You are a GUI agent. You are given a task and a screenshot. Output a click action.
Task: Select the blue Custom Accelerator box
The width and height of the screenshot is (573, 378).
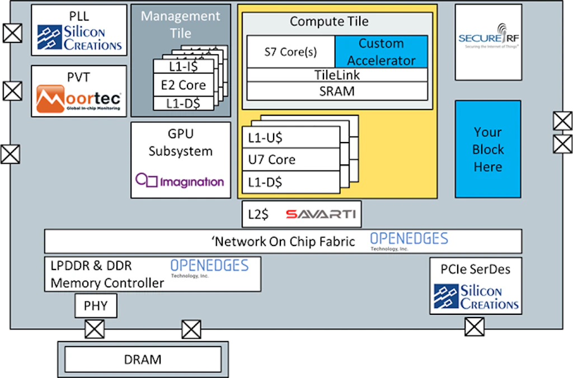381,51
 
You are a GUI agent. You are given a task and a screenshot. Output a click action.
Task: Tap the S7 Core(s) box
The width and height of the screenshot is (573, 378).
290,52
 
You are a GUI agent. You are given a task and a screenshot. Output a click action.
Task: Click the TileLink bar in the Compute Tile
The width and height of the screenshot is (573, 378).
337,75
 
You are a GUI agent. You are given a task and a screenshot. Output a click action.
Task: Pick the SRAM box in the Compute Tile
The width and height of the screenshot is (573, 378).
337,91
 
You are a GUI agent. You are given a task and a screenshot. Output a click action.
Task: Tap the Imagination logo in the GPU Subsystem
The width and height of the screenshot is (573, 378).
180,181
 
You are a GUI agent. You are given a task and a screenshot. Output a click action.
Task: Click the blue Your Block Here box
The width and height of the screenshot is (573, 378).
487,149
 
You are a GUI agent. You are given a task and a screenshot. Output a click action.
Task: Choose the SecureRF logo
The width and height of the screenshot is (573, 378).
488,39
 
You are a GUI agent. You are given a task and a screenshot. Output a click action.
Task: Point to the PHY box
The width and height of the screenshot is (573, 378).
96,306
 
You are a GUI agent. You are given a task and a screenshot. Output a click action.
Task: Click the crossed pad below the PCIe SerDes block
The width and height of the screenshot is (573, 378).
474,326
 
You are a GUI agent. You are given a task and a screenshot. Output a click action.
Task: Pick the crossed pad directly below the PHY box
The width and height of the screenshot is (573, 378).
95,329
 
